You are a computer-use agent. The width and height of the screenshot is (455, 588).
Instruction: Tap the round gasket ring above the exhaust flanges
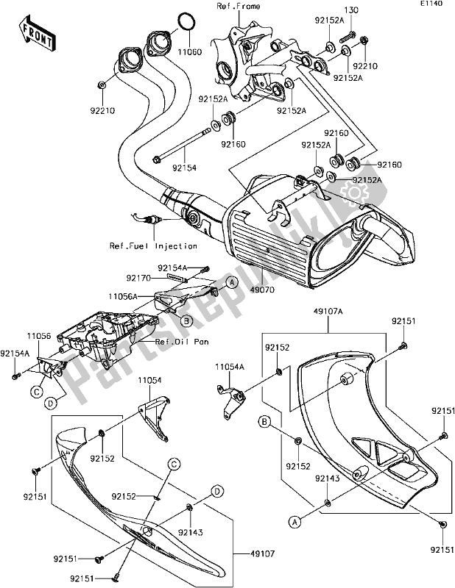(x=188, y=22)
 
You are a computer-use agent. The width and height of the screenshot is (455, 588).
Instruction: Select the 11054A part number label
(x=229, y=365)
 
